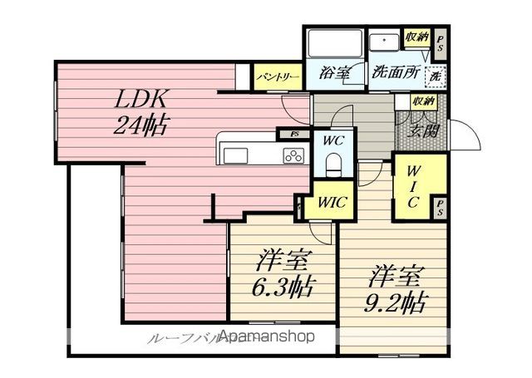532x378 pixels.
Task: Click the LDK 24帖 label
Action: [143, 112]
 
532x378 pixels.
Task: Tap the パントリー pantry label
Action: [277, 76]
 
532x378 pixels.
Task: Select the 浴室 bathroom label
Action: [335, 73]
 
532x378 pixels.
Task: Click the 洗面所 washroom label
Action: [395, 72]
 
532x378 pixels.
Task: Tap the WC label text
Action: [334, 140]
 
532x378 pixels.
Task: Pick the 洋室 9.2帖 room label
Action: [398, 288]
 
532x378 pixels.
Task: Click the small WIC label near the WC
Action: [332, 201]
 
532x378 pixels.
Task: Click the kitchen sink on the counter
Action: [234, 155]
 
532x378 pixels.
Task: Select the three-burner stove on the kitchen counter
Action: [293, 155]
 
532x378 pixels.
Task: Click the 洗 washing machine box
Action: [434, 76]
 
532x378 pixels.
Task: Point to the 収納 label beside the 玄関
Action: [422, 101]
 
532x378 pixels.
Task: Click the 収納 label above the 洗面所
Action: [416, 37]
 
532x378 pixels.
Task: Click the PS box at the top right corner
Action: [441, 42]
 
